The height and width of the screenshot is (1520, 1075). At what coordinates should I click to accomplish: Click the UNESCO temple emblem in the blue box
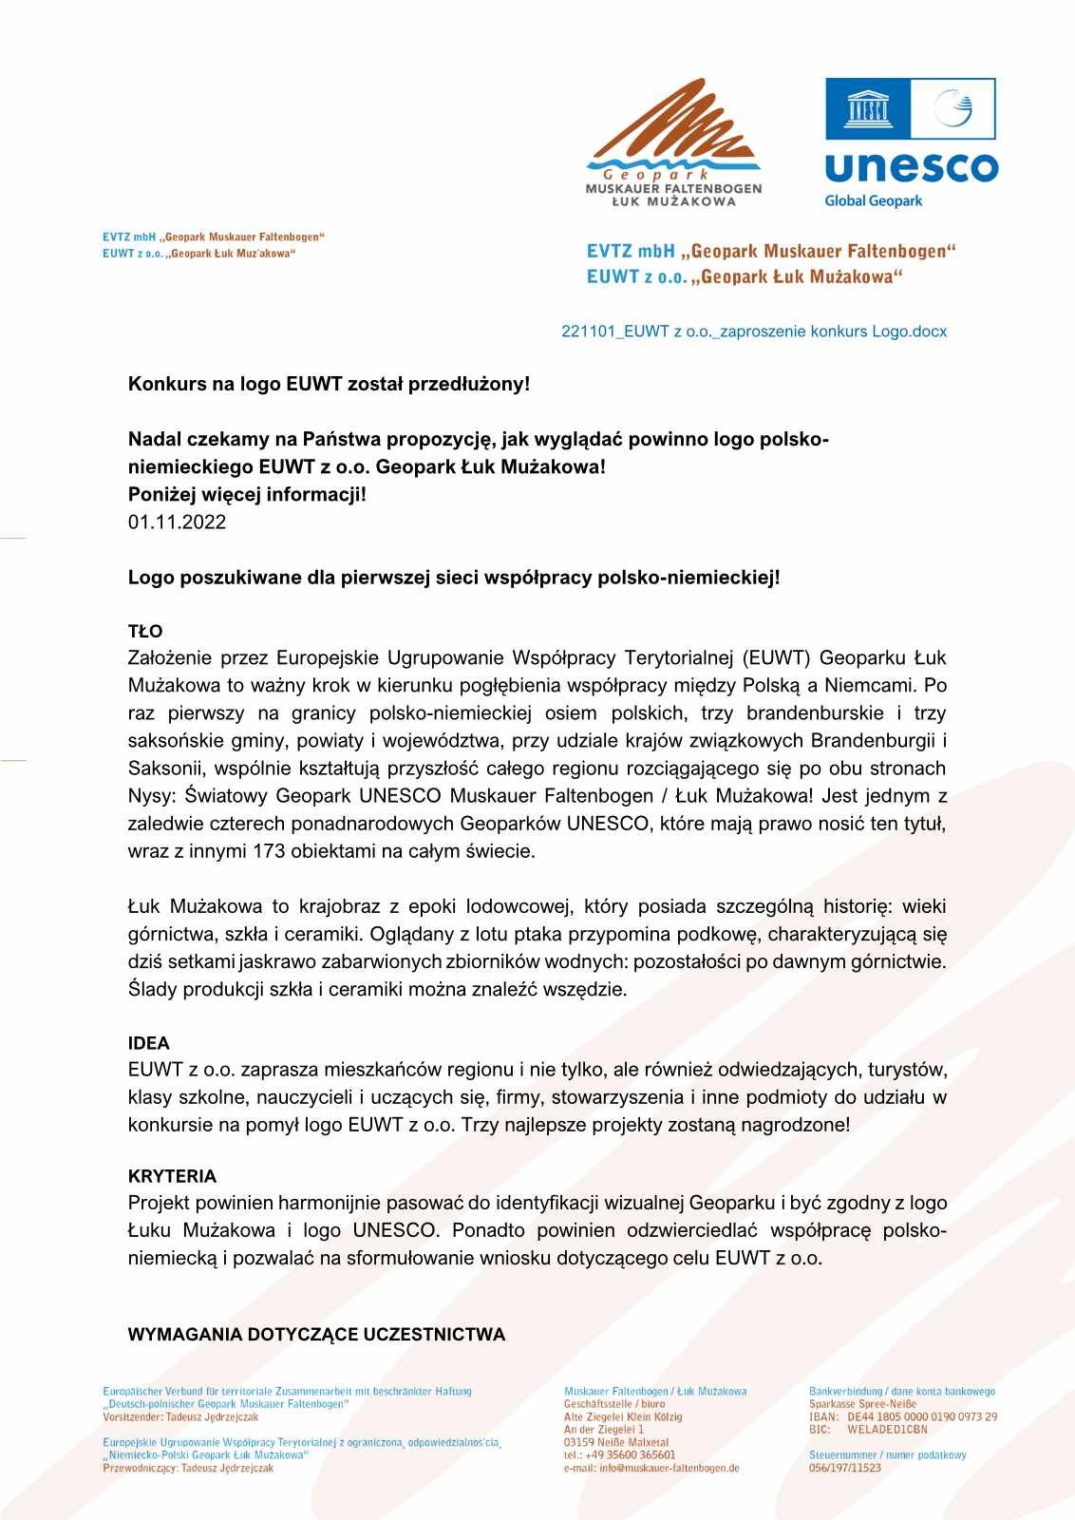pos(868,108)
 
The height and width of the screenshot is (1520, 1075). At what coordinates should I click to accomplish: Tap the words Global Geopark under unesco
pos(873,201)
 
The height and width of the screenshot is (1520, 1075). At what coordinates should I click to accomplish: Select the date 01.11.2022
pos(177,522)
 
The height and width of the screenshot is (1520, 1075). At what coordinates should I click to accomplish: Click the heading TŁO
pos(145,631)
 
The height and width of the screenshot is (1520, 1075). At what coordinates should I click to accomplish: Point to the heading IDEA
pos(149,1043)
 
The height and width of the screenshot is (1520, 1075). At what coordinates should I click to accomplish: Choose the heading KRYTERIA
pos(172,1176)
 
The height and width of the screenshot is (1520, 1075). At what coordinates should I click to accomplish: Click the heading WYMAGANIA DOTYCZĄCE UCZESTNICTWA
pos(316,1335)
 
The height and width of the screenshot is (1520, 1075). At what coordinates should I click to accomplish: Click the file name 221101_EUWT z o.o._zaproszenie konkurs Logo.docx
pos(754,332)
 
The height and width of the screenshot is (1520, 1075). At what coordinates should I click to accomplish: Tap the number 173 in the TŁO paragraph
pos(269,851)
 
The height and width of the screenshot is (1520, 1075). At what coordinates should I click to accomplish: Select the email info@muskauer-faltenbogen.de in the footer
pos(670,1468)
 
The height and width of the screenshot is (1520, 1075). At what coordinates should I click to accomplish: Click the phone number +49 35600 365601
pos(632,1454)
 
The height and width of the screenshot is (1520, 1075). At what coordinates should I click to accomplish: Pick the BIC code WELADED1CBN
pos(887,1429)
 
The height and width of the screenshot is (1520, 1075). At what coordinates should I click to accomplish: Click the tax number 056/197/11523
pos(844,1468)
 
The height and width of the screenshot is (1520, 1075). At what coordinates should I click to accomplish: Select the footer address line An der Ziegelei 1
pos(603,1429)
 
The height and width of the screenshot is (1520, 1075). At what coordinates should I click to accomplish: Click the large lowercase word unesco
pos(911,168)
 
